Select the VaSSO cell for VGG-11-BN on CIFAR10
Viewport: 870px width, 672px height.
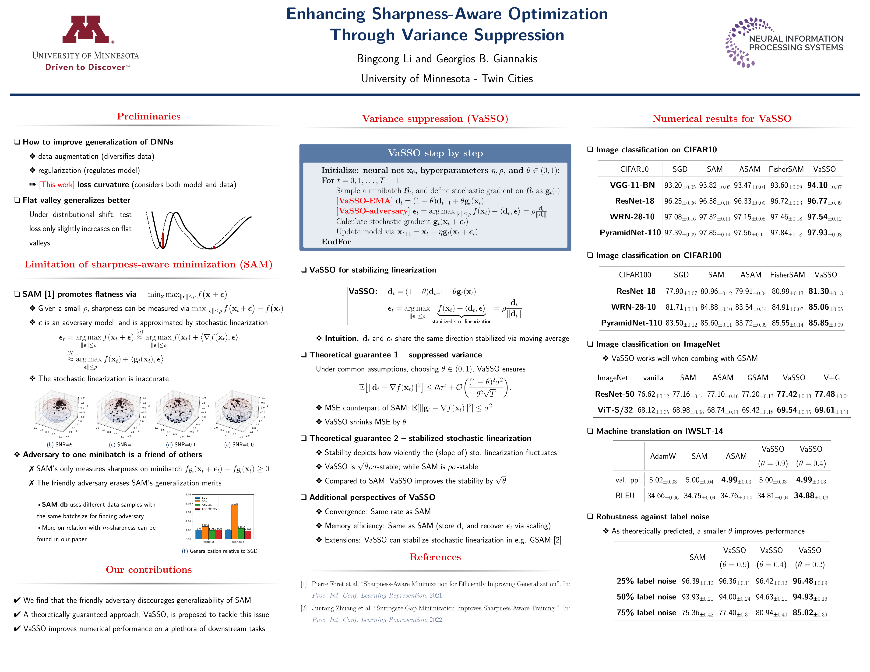tap(824, 185)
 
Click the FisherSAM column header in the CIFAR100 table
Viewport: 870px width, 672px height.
tap(787, 275)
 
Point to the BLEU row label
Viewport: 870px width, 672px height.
tap(625, 496)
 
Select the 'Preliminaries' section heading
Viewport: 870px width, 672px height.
tap(149, 116)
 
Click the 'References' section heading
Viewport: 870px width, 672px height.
tap(435, 557)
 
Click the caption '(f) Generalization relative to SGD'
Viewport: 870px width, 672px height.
tap(219, 551)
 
